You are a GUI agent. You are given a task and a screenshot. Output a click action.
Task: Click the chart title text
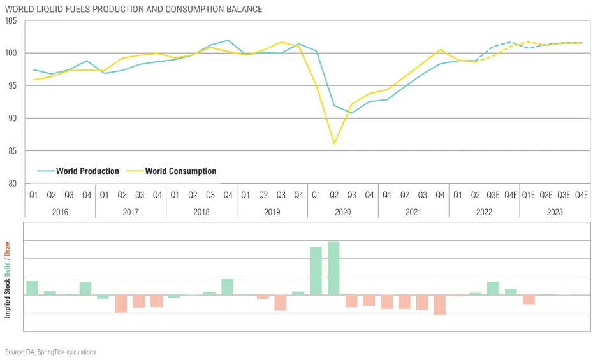(x=133, y=10)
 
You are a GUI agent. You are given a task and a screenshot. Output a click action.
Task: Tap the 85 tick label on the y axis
(x=12, y=151)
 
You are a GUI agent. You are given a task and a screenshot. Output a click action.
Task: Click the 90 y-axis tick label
(x=12, y=119)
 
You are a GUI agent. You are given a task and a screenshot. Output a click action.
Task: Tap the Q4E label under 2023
(x=581, y=194)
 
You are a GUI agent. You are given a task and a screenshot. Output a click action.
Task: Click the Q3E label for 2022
(x=493, y=194)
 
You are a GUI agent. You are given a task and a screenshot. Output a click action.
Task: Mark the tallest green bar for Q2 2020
(x=333, y=268)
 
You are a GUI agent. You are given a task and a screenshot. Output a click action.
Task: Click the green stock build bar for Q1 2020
(x=316, y=271)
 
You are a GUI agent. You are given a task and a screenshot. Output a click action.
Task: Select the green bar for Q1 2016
(x=33, y=288)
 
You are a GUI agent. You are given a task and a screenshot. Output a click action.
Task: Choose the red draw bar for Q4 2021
(x=439, y=305)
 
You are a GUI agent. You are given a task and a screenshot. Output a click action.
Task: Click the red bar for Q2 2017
(x=121, y=304)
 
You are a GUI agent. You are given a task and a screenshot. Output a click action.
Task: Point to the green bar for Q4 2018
(x=227, y=287)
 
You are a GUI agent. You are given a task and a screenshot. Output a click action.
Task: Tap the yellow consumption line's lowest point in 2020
(x=333, y=143)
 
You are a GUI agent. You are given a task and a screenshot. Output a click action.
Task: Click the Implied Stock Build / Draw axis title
(x=8, y=280)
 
